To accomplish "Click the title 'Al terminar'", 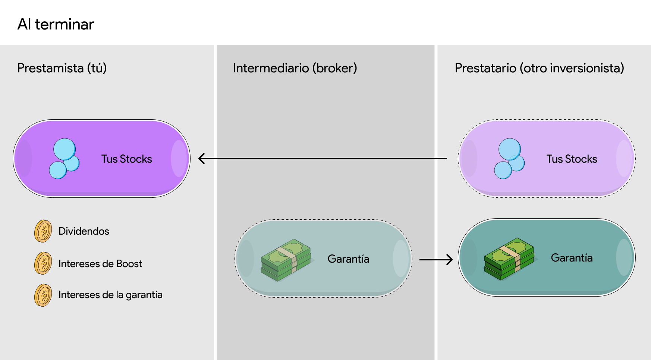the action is tap(56, 24).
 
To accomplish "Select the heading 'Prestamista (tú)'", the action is tap(62, 68).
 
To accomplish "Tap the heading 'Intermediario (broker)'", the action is tap(295, 68).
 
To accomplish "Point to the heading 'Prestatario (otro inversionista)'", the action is tap(540, 68).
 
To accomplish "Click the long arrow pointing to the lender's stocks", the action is tap(323, 159).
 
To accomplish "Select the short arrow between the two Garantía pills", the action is tap(436, 259).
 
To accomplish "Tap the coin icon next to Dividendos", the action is tap(43, 231).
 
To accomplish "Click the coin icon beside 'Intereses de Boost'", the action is tap(43, 263).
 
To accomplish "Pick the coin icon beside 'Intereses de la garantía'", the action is tap(43, 295).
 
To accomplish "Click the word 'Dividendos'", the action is tap(84, 231).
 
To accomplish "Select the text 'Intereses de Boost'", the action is tap(100, 264).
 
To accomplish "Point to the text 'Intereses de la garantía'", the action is tap(110, 295).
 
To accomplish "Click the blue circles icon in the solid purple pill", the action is tap(65, 159).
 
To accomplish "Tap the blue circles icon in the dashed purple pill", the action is tap(509, 159).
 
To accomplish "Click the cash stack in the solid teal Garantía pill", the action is tap(509, 259).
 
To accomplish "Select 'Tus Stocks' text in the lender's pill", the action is tap(127, 159).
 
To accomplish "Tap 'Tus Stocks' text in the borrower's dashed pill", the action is tap(572, 159).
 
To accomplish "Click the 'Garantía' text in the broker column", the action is tap(349, 259).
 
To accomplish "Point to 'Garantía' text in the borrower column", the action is tap(572, 258).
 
